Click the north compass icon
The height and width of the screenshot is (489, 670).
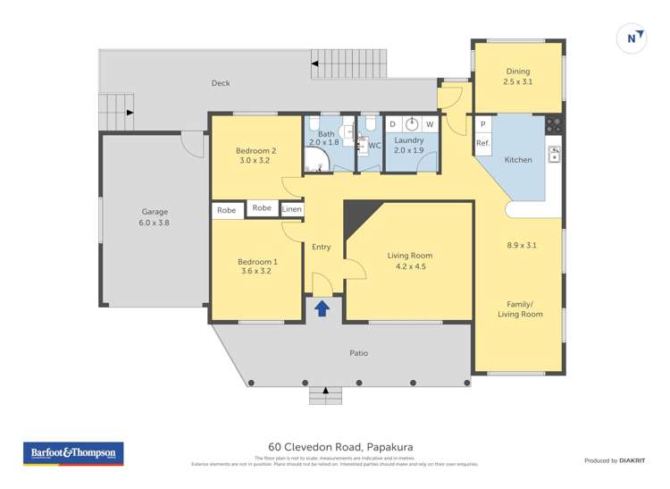(632, 38)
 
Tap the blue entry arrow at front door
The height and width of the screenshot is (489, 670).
(322, 308)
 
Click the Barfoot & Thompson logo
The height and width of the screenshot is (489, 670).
(72, 453)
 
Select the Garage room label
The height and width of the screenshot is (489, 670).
(155, 212)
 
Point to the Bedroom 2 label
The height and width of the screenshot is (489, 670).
(255, 151)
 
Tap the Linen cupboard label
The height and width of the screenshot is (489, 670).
(292, 209)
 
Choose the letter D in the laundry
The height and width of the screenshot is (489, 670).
(392, 124)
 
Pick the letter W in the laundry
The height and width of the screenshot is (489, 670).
(430, 124)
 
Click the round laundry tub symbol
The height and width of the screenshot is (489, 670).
(411, 124)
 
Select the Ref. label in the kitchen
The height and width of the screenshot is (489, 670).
(482, 143)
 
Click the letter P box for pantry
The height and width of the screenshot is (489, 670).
(482, 124)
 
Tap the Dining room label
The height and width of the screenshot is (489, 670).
(518, 72)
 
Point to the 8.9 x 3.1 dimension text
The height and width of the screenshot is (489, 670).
(522, 244)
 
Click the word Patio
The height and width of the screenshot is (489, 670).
(358, 353)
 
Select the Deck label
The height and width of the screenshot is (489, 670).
(221, 83)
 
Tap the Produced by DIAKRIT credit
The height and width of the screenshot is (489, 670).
(615, 460)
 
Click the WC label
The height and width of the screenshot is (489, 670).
(374, 145)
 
